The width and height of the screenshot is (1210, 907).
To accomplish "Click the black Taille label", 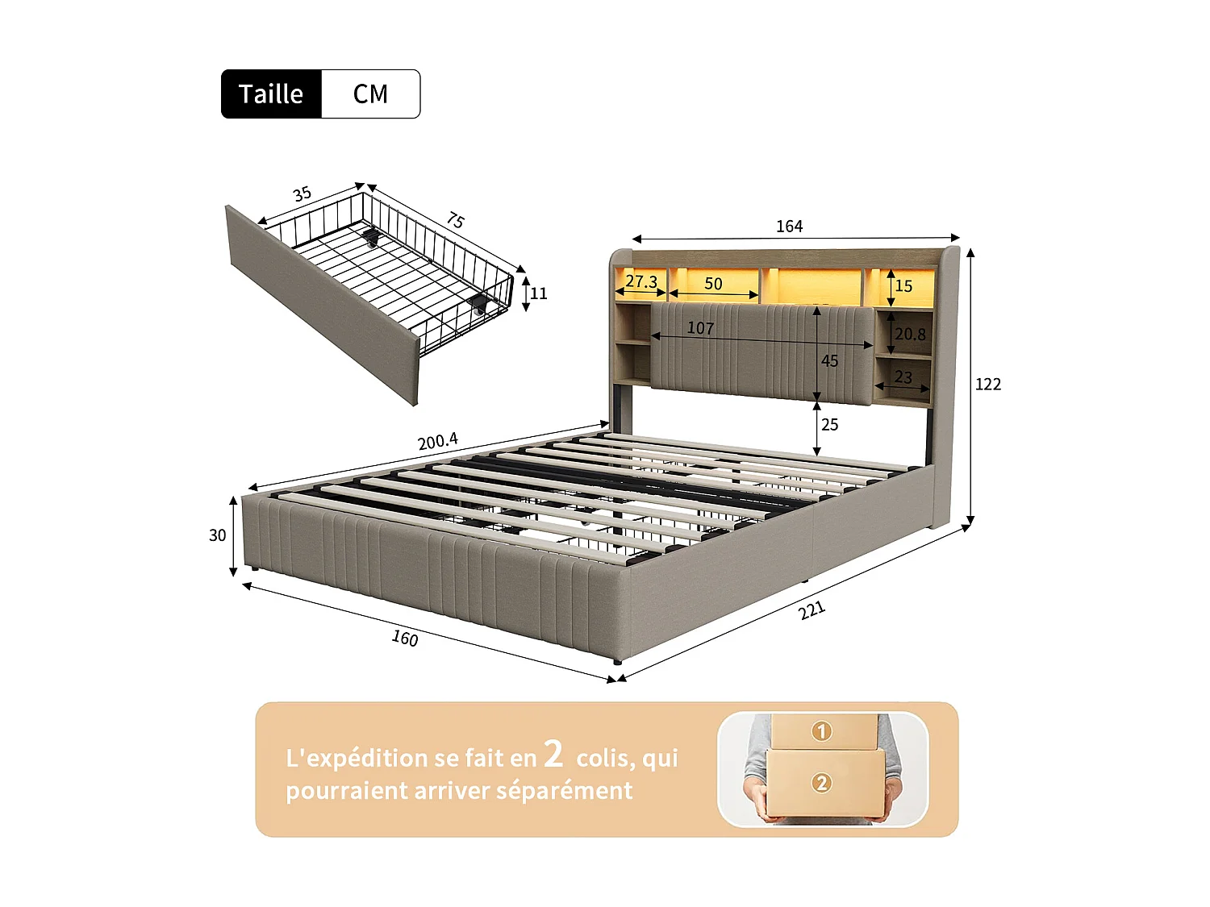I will pyautogui.click(x=271, y=94).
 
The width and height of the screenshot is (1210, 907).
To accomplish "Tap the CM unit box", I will pyautogui.click(x=370, y=94).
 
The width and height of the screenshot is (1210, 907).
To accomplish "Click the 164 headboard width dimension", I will pyautogui.click(x=789, y=227).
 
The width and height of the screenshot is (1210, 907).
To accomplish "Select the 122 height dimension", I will pyautogui.click(x=987, y=385).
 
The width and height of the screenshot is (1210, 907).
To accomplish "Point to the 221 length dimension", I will pyautogui.click(x=812, y=610).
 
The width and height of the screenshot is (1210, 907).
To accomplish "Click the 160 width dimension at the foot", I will pyautogui.click(x=405, y=639).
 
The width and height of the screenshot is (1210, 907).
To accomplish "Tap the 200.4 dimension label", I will pyautogui.click(x=437, y=441).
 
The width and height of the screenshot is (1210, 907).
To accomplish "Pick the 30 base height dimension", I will pyautogui.click(x=217, y=535).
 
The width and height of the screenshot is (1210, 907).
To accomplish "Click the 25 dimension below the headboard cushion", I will pyautogui.click(x=829, y=425).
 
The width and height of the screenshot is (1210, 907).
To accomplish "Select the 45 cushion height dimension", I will pyautogui.click(x=829, y=361).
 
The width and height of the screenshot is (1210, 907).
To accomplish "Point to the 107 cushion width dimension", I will pyautogui.click(x=700, y=328).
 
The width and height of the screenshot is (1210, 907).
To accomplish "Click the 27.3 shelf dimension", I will pyautogui.click(x=641, y=281).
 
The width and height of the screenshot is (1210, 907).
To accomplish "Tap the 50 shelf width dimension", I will pyautogui.click(x=713, y=284).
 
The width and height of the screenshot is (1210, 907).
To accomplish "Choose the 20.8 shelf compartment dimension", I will pyautogui.click(x=910, y=334).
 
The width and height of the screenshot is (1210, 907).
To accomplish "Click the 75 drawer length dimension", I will pyautogui.click(x=456, y=220).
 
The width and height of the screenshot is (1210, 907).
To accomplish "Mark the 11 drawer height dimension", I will pyautogui.click(x=539, y=293).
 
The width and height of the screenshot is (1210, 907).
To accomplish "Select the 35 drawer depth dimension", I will pyautogui.click(x=302, y=194).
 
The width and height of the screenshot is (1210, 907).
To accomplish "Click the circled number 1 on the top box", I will pyautogui.click(x=821, y=731).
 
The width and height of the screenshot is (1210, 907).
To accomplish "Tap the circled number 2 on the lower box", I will pyautogui.click(x=821, y=783).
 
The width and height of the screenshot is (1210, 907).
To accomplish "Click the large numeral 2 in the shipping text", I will pyautogui.click(x=553, y=754).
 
